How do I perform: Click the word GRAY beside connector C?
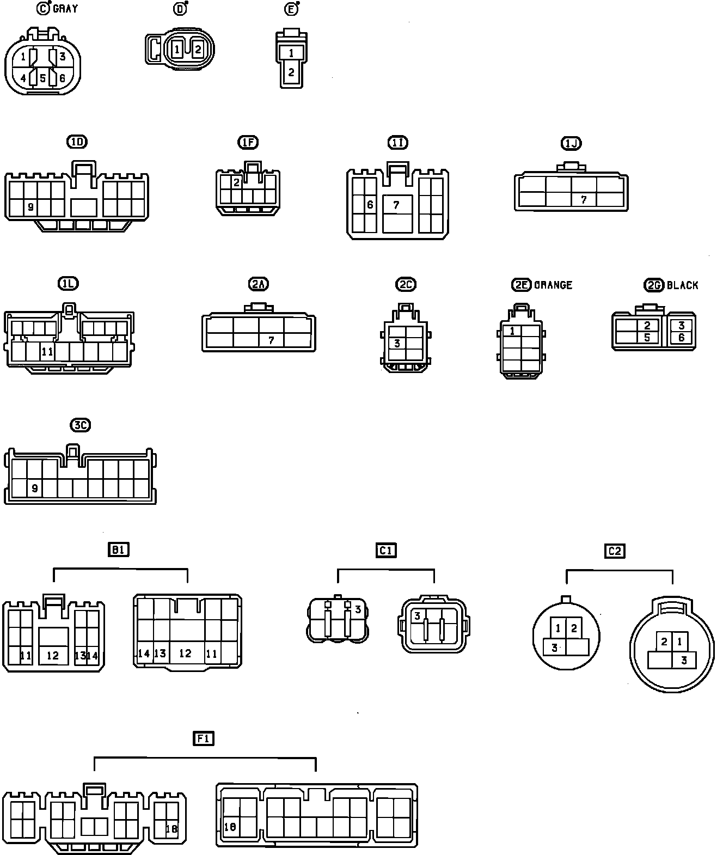[x=65, y=9]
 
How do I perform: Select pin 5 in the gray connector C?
[x=42, y=78]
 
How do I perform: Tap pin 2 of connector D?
[x=198, y=50]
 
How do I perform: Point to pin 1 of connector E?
[x=292, y=53]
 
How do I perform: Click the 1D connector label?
[x=77, y=142]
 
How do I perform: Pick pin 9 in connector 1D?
[x=30, y=207]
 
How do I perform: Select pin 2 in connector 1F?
[x=236, y=182]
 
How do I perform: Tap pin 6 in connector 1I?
[x=370, y=205]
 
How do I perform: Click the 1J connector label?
[x=571, y=143]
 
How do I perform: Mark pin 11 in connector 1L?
[x=47, y=352]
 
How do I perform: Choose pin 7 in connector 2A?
[x=271, y=340]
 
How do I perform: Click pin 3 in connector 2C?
[x=397, y=343]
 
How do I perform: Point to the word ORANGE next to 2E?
[x=553, y=285]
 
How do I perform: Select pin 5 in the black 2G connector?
[x=647, y=337]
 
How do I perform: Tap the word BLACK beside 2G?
[x=682, y=285]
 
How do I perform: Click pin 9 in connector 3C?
[x=35, y=488]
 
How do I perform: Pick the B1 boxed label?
[x=118, y=550]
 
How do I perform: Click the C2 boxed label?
[x=614, y=551]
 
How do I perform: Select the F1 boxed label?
[x=204, y=738]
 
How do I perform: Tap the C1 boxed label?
[x=386, y=551]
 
